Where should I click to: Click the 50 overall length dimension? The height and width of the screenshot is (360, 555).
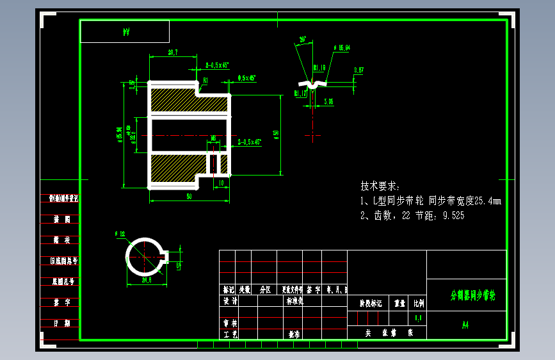[x=189, y=197]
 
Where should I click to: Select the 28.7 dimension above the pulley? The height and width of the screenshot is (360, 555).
[x=172, y=52]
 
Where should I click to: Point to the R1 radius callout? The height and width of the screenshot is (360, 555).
[x=205, y=80]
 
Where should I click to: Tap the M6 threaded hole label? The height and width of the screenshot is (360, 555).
[x=213, y=137]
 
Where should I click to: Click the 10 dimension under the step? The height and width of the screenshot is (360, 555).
[x=221, y=183]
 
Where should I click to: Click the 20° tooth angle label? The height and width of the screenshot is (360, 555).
[x=303, y=39]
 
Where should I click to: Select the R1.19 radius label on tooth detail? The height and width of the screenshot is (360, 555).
[x=319, y=67]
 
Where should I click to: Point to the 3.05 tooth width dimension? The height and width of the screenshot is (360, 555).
[x=328, y=101]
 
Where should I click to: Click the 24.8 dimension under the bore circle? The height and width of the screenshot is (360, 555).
[x=146, y=280]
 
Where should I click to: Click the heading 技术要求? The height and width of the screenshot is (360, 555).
[x=380, y=186]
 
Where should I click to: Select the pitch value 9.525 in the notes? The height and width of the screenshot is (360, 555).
[x=452, y=216]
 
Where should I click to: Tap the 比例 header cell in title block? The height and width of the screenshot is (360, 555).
[x=418, y=303]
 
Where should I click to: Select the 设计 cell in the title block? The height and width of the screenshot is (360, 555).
[x=230, y=300]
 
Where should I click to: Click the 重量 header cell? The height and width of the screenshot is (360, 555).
[x=400, y=303]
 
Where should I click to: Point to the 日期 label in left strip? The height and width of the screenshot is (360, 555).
[x=61, y=323]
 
